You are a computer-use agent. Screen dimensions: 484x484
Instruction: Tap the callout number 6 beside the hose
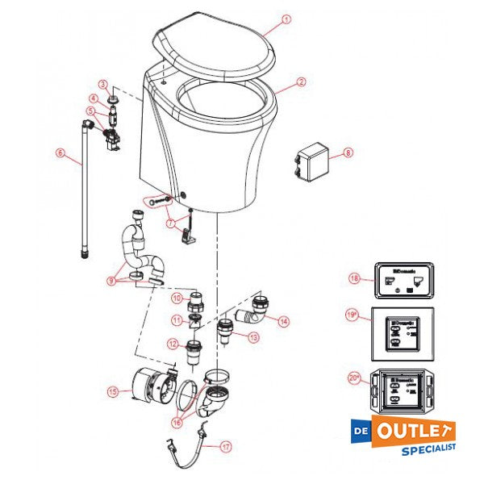coord(59,152)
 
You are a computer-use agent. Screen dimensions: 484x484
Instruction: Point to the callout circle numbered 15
coord(114,393)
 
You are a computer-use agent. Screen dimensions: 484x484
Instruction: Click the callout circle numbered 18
coord(353,277)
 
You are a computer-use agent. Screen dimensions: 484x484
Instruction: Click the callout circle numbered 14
coord(283,320)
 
